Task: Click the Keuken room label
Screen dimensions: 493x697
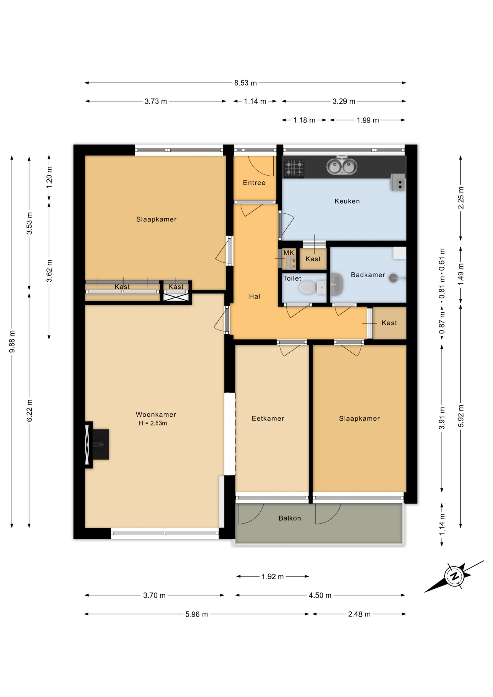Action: pyautogui.click(x=347, y=201)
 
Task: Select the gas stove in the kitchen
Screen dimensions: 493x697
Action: pyautogui.click(x=294, y=168)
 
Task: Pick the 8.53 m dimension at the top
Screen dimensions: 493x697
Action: pyautogui.click(x=245, y=83)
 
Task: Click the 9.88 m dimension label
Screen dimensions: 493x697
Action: pyautogui.click(x=12, y=342)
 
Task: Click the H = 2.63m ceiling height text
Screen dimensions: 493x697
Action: pyautogui.click(x=153, y=423)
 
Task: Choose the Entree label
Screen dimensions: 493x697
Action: pyautogui.click(x=254, y=183)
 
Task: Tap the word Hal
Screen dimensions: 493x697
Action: pyautogui.click(x=254, y=296)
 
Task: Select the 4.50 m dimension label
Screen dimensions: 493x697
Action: pyautogui.click(x=320, y=595)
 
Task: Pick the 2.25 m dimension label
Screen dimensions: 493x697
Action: pyautogui.click(x=461, y=198)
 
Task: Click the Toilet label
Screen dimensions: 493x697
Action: pyautogui.click(x=292, y=278)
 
